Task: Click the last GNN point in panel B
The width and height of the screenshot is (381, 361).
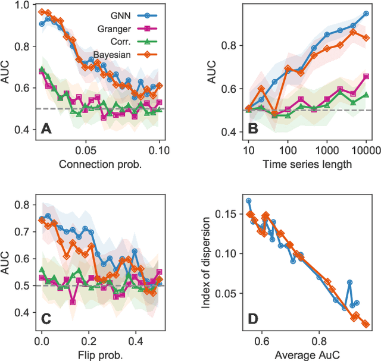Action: pos(366,13)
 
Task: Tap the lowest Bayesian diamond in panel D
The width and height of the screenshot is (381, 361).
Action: pos(366,324)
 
